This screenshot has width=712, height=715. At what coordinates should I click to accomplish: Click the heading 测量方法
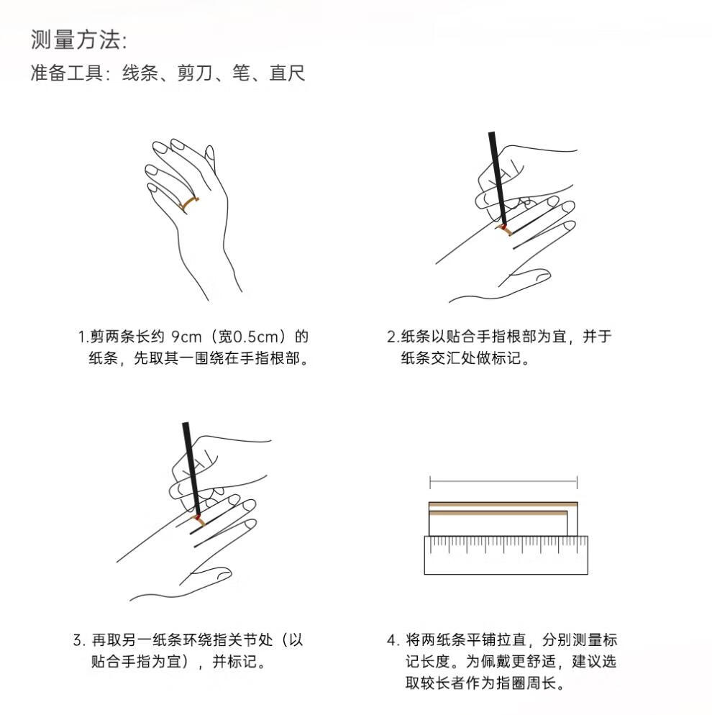pos(75,40)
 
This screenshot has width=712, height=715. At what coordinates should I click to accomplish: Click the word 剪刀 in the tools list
pos(195,73)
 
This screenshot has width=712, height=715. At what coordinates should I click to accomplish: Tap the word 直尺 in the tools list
pos(287,73)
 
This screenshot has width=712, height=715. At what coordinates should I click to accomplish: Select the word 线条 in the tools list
pos(140,73)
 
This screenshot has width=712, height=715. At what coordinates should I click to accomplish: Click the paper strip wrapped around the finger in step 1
pos(188,204)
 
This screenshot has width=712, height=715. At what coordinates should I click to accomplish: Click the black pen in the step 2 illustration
pos(497,178)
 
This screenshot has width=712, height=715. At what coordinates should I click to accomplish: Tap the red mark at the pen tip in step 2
pos(503,227)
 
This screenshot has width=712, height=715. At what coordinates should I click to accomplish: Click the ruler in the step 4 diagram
pos(506,555)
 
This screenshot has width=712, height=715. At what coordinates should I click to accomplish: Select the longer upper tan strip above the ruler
pos(503,504)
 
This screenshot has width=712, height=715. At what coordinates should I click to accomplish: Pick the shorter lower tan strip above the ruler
pos(498,514)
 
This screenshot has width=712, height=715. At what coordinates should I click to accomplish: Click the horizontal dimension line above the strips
pos(503,481)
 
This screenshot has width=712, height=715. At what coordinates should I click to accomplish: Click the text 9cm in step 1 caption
pos(186,337)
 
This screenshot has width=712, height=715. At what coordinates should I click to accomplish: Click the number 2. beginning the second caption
pos(393,337)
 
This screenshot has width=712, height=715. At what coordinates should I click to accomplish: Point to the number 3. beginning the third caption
pos(79,639)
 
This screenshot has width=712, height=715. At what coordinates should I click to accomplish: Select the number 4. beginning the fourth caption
pos(393,639)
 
